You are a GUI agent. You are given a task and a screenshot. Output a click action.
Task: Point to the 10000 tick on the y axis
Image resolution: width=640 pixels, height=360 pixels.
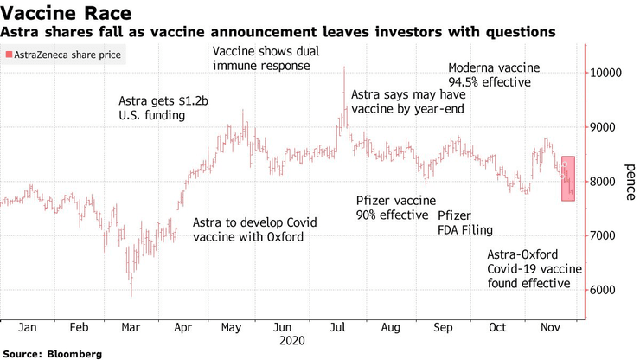[608, 74]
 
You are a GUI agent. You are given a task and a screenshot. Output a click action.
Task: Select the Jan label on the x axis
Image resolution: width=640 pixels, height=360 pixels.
[26, 329]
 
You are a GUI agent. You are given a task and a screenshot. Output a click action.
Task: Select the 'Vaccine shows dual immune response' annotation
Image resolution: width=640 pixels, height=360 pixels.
[261, 58]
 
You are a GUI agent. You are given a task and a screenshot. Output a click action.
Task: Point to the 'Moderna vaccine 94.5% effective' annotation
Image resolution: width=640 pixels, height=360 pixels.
[493, 75]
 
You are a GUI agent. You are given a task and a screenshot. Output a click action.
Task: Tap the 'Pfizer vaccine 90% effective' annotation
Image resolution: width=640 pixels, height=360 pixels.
[392, 208]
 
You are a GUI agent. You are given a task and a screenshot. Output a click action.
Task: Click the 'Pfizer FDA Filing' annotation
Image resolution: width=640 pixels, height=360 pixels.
[464, 222]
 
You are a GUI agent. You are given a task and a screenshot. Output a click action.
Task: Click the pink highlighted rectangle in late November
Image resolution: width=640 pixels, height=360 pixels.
[568, 179]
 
